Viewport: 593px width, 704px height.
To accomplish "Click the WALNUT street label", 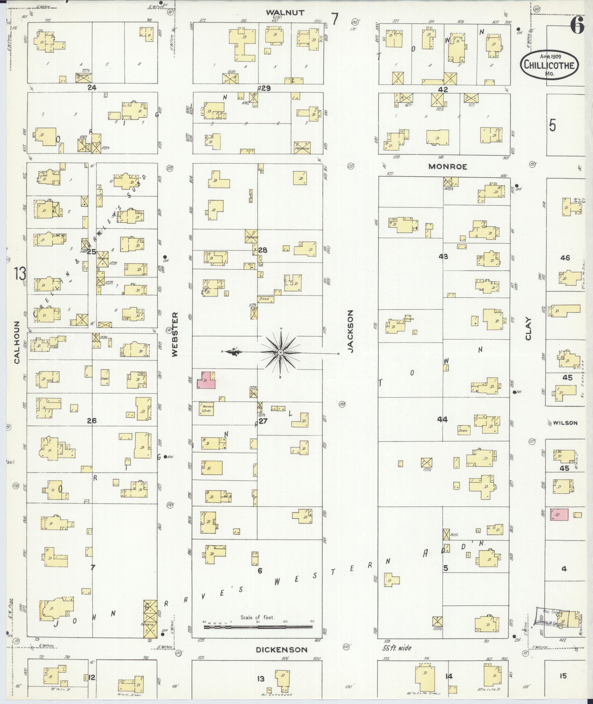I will click(x=285, y=13).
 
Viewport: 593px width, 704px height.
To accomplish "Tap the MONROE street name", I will click(x=447, y=167).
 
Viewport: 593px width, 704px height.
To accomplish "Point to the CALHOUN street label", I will click(x=17, y=342).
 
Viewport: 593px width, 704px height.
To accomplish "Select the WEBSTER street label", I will click(x=174, y=334).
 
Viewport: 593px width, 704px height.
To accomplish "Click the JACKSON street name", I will click(x=350, y=331).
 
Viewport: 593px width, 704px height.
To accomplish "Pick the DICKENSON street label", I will click(x=282, y=650).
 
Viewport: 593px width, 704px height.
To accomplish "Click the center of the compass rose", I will click(x=281, y=353).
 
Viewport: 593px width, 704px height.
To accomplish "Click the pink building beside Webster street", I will click(x=207, y=381).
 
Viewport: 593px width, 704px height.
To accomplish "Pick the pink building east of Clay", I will click(x=559, y=514).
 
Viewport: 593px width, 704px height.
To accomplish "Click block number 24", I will click(x=92, y=88).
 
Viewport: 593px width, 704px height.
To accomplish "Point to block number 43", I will click(x=443, y=256).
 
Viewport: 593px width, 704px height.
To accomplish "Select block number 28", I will click(x=262, y=250).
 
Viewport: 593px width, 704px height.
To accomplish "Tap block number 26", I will click(x=92, y=421).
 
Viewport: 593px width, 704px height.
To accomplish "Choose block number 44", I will click(x=442, y=419).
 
